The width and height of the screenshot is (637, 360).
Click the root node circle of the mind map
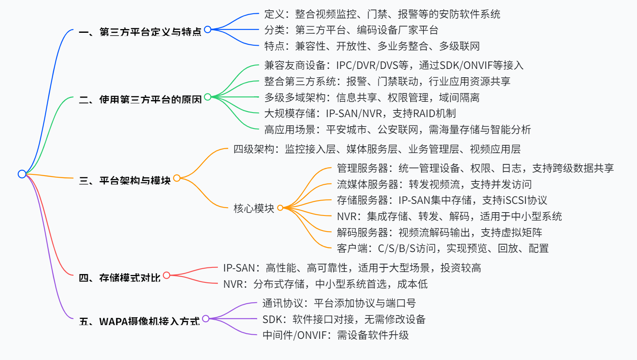tap(22, 174)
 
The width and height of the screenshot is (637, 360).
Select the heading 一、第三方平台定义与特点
tap(140, 32)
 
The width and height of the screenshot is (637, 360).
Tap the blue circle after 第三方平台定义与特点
tap(208, 29)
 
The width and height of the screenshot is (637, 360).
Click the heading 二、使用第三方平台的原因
tap(140, 99)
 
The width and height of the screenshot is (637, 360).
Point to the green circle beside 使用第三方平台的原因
tap(208, 97)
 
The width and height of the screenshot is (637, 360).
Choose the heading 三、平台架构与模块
tap(124, 181)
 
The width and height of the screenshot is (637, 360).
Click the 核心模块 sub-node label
tap(254, 208)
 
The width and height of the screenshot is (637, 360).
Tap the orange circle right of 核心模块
tap(280, 208)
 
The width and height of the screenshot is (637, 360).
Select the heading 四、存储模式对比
tap(120, 278)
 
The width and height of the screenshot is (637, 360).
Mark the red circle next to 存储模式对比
tap(166, 275)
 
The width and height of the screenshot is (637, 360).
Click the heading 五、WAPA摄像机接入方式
tap(139, 321)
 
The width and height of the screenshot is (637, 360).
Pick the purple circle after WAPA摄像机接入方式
tap(206, 318)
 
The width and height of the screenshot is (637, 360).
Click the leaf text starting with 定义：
tap(382, 14)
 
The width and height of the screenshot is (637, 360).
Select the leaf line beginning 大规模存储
tap(360, 113)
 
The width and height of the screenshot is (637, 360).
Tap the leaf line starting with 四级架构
tap(377, 149)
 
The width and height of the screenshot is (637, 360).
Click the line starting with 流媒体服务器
tap(434, 184)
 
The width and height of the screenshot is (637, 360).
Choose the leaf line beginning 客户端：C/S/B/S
tap(443, 248)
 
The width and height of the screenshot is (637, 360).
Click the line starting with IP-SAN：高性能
tap(352, 268)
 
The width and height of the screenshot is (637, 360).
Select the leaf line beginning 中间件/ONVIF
tap(336, 335)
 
